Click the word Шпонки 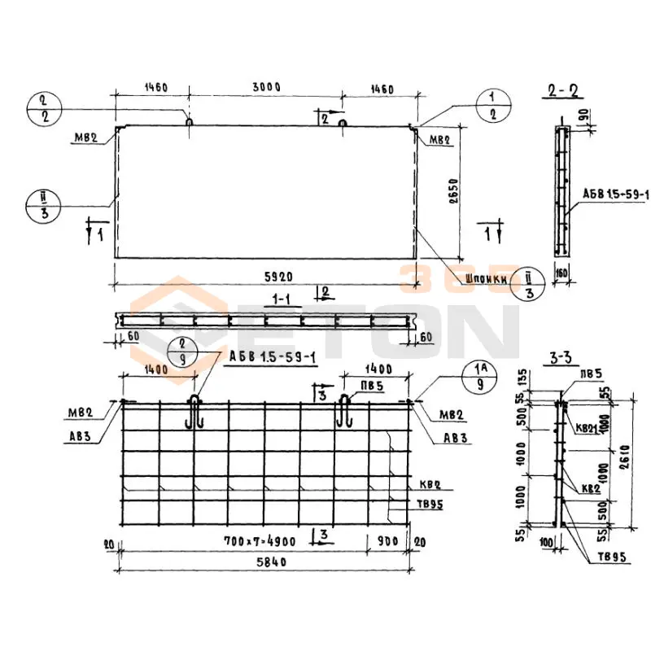[x=488, y=278]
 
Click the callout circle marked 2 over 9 [x=181, y=352]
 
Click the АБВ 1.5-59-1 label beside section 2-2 [x=615, y=195]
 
